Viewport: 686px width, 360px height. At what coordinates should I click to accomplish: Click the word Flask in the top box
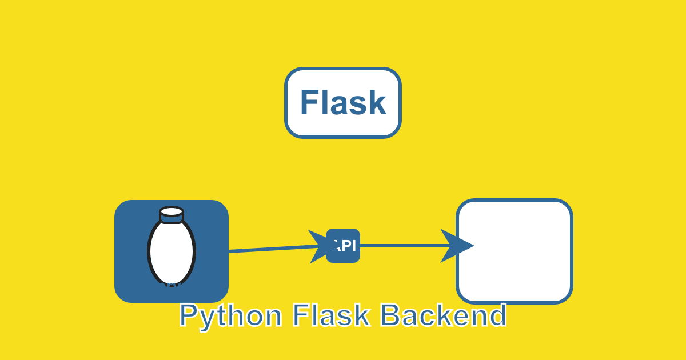343,103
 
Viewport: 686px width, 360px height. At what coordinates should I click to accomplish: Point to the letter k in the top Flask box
378,103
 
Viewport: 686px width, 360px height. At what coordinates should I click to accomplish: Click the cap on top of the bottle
171,214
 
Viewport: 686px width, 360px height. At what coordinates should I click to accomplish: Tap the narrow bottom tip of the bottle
171,283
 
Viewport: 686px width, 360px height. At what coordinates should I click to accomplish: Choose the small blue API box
343,246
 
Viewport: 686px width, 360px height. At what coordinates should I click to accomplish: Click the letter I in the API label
353,246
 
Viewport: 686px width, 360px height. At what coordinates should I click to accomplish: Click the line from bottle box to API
269,249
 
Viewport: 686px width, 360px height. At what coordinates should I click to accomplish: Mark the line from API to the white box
400,246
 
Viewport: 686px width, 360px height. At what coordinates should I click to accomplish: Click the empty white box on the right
514,251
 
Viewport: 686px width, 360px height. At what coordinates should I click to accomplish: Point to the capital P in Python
188,315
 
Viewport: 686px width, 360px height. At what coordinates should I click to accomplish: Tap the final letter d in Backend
497,315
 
